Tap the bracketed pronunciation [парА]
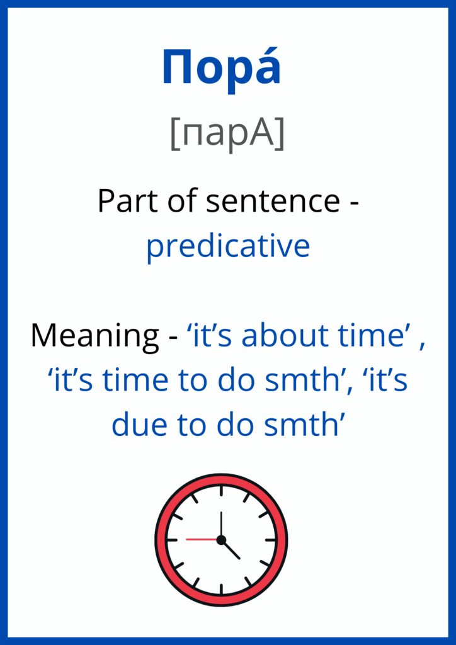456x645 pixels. coord(227,135)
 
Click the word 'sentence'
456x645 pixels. coord(273,202)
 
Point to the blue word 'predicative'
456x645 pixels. coord(228,246)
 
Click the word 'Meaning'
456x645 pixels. coord(94,336)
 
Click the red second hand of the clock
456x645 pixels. coord(202,539)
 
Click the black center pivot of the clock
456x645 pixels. coord(221,540)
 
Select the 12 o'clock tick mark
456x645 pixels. coord(221,491)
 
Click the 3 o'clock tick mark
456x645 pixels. coord(271,540)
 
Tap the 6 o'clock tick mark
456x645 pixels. coord(221,589)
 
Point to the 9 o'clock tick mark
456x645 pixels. coord(172,540)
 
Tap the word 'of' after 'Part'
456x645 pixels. coord(173,201)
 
